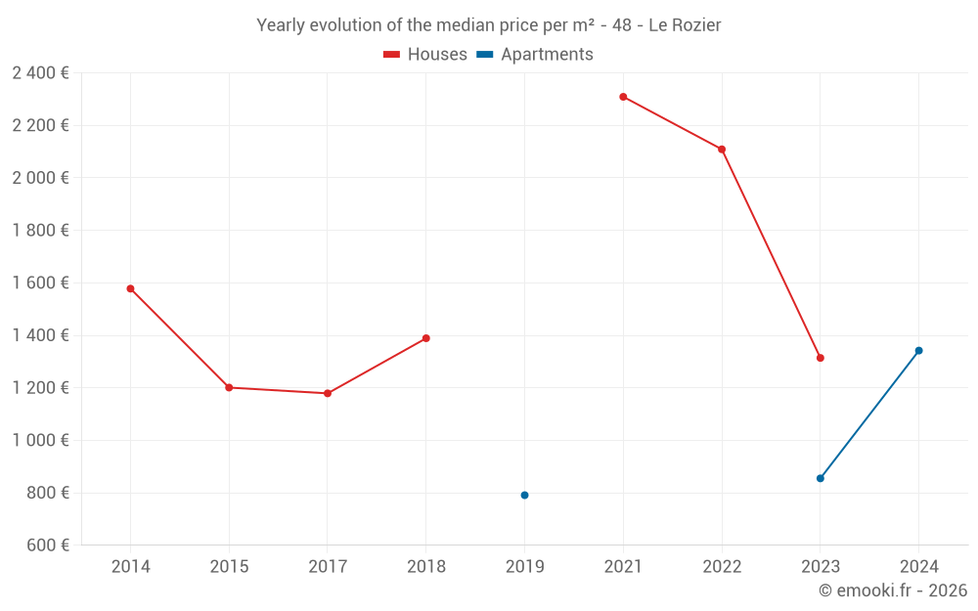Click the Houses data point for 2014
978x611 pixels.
[130, 288]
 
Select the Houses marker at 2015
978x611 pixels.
[229, 387]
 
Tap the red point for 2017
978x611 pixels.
[328, 393]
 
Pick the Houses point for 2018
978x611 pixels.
[426, 338]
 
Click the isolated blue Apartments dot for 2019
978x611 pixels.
[524, 495]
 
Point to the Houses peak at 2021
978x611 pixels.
[623, 97]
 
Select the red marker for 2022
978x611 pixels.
[722, 150]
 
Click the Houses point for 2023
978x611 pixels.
[821, 358]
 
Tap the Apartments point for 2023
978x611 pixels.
[821, 478]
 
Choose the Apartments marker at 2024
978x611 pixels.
[918, 350]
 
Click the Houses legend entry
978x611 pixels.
[425, 55]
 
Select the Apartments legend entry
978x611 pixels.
[535, 55]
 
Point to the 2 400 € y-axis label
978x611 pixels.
[40, 72]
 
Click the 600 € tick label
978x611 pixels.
[47, 546]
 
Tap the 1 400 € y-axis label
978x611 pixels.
[40, 335]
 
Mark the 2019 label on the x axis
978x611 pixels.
[524, 566]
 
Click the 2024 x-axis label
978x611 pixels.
[918, 566]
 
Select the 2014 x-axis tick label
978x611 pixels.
[130, 566]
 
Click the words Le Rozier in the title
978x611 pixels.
[685, 25]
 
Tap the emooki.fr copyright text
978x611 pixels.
[893, 590]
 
